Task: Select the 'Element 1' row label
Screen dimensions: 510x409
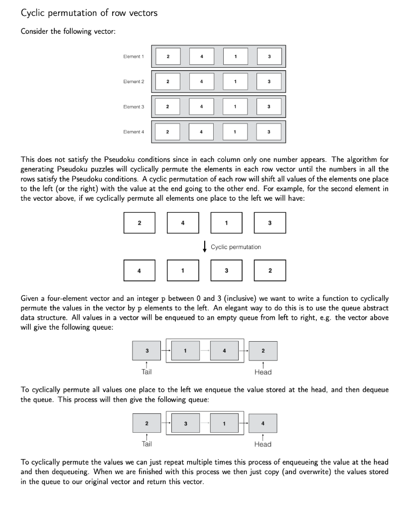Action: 134,57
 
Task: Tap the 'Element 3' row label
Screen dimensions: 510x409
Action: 134,107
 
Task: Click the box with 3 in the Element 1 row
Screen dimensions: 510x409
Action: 269,57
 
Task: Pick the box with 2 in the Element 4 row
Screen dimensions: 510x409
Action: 167,132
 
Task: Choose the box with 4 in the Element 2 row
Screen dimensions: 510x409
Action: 201,82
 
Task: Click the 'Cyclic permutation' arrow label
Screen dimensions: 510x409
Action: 236,247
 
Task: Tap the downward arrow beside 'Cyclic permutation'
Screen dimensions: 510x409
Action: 204,247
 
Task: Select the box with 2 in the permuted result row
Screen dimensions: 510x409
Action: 270,271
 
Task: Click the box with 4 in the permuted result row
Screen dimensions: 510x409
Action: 139,271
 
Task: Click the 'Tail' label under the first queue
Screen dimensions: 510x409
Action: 146,372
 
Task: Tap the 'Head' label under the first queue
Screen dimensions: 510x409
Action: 263,372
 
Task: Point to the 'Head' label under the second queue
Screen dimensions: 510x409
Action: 263,444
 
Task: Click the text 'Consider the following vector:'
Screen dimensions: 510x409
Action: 68,32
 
